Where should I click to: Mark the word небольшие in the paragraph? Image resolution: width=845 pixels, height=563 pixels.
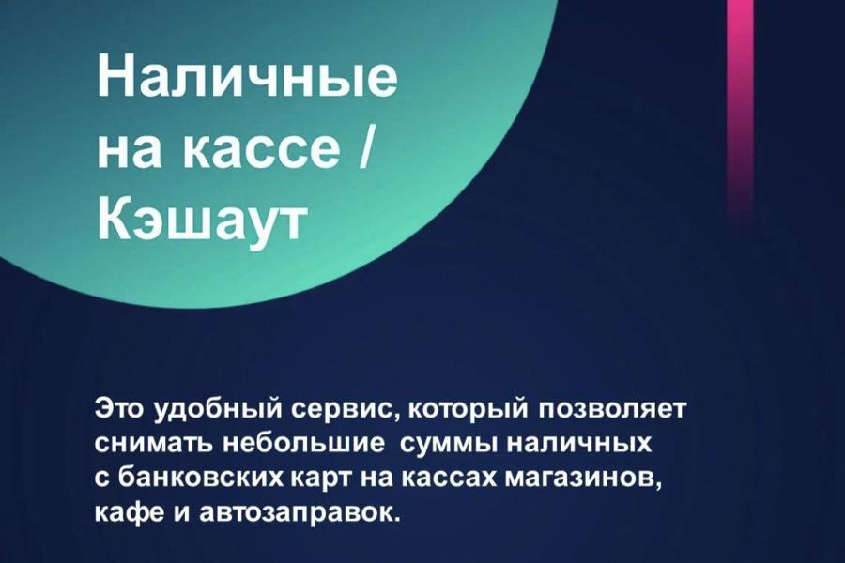[304, 444]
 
